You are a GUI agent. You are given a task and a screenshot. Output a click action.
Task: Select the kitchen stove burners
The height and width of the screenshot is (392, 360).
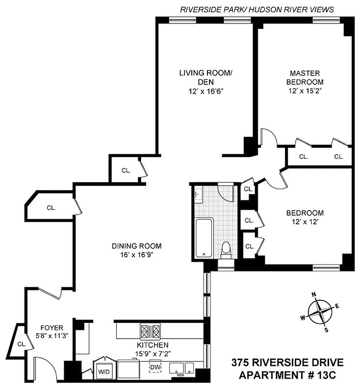click(150, 332)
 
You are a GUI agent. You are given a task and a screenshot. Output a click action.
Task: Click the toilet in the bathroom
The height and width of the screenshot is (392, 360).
click(226, 250)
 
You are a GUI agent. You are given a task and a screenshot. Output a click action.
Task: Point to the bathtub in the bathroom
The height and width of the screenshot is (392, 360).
click(203, 238)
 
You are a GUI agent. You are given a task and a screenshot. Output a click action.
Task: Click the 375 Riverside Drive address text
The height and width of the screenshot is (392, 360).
click(286, 363)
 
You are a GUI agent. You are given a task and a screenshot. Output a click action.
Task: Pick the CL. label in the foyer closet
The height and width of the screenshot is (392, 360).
click(21, 344)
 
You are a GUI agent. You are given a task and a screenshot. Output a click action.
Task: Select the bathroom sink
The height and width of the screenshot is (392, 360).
click(198, 195)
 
